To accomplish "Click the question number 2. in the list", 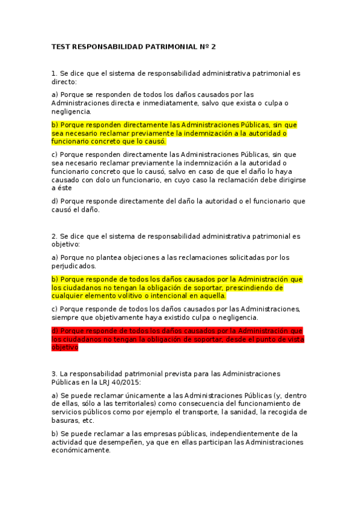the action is tap(55, 236).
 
